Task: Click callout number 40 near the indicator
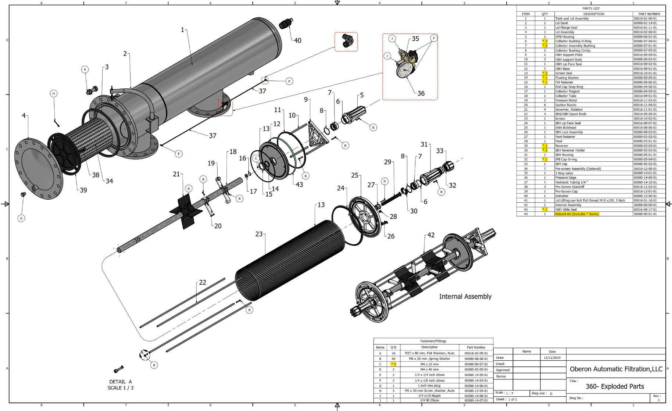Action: click(x=297, y=40)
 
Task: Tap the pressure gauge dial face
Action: click(x=404, y=69)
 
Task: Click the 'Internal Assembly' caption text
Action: click(x=465, y=296)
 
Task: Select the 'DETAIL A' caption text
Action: click(x=120, y=382)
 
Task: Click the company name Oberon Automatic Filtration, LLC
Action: click(x=616, y=369)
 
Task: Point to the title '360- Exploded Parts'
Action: click(x=615, y=386)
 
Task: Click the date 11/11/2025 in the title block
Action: click(x=552, y=357)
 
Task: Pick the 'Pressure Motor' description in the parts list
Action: click(x=566, y=100)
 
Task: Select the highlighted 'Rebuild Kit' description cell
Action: click(x=576, y=214)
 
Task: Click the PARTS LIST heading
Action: click(x=591, y=8)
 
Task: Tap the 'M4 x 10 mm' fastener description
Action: click(x=429, y=364)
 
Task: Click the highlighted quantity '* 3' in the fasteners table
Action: click(x=393, y=364)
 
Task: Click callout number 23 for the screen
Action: click(x=259, y=234)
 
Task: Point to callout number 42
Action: click(x=431, y=235)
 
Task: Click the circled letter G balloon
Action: click(x=21, y=218)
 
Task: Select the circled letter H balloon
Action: click(x=54, y=93)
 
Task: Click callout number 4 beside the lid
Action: click(x=24, y=115)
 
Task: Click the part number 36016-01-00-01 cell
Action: click(x=645, y=18)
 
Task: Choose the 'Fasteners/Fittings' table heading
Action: click(x=433, y=341)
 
